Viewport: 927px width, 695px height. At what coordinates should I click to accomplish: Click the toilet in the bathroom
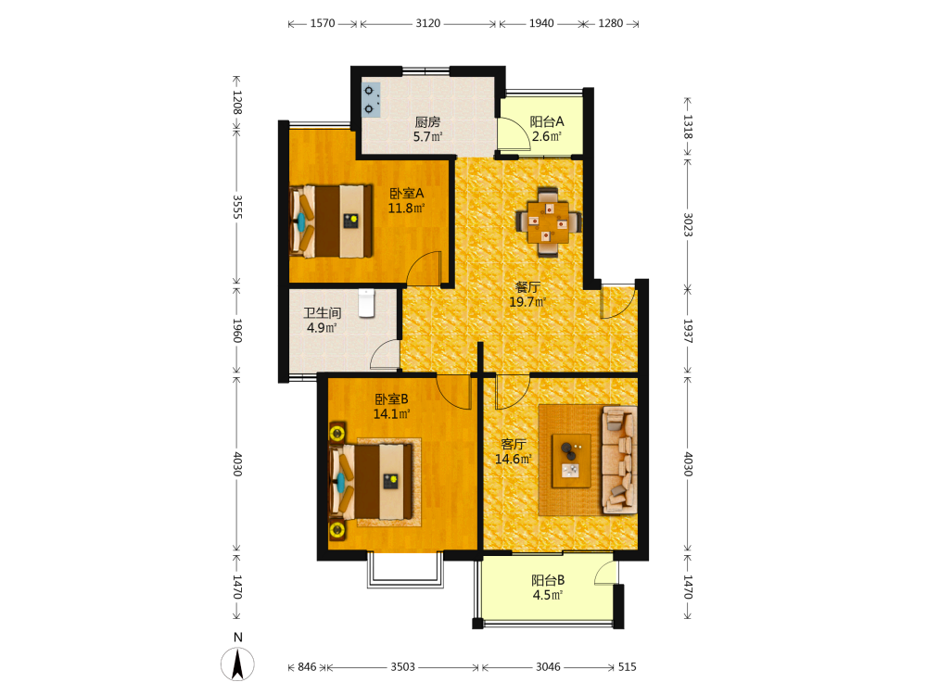366,303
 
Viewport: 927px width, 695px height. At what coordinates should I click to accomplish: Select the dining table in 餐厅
548,222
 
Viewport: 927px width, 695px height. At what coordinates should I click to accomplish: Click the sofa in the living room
619,460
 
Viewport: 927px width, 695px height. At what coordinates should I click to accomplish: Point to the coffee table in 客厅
571,461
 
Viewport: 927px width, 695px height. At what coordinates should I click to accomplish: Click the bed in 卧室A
331,221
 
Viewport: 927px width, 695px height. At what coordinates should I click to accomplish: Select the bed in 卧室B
371,482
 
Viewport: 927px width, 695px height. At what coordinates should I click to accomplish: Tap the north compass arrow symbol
237,663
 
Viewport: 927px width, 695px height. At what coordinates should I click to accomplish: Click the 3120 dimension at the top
428,23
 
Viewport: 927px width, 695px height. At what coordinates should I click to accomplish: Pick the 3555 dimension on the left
237,207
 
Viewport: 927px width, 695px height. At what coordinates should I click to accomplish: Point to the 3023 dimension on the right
688,224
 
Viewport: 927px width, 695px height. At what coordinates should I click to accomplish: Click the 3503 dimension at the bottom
402,666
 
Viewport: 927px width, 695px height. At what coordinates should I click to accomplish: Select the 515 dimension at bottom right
628,666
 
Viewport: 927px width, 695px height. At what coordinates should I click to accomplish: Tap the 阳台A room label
547,121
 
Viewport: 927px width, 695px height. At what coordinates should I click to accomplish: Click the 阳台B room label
548,580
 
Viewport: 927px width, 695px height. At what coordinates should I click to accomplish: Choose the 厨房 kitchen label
427,122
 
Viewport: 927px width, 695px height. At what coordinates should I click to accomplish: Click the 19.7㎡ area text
527,302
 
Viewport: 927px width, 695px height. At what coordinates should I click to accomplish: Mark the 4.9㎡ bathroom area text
322,327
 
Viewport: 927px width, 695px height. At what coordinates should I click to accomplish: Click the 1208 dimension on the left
237,102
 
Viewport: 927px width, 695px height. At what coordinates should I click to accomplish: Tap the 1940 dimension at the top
541,23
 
